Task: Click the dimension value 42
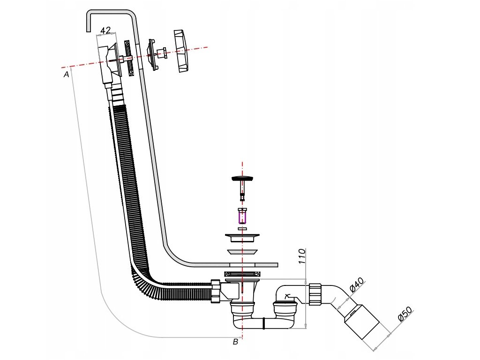coord(106,30)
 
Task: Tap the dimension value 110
coord(302,256)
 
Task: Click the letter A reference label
coord(67,74)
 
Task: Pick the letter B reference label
coord(236,342)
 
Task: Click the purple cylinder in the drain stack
coord(242,217)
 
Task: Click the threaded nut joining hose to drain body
coord(215,291)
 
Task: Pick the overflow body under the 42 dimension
coord(108,61)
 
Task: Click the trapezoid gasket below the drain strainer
coord(242,252)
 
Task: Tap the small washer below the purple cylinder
coord(242,228)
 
